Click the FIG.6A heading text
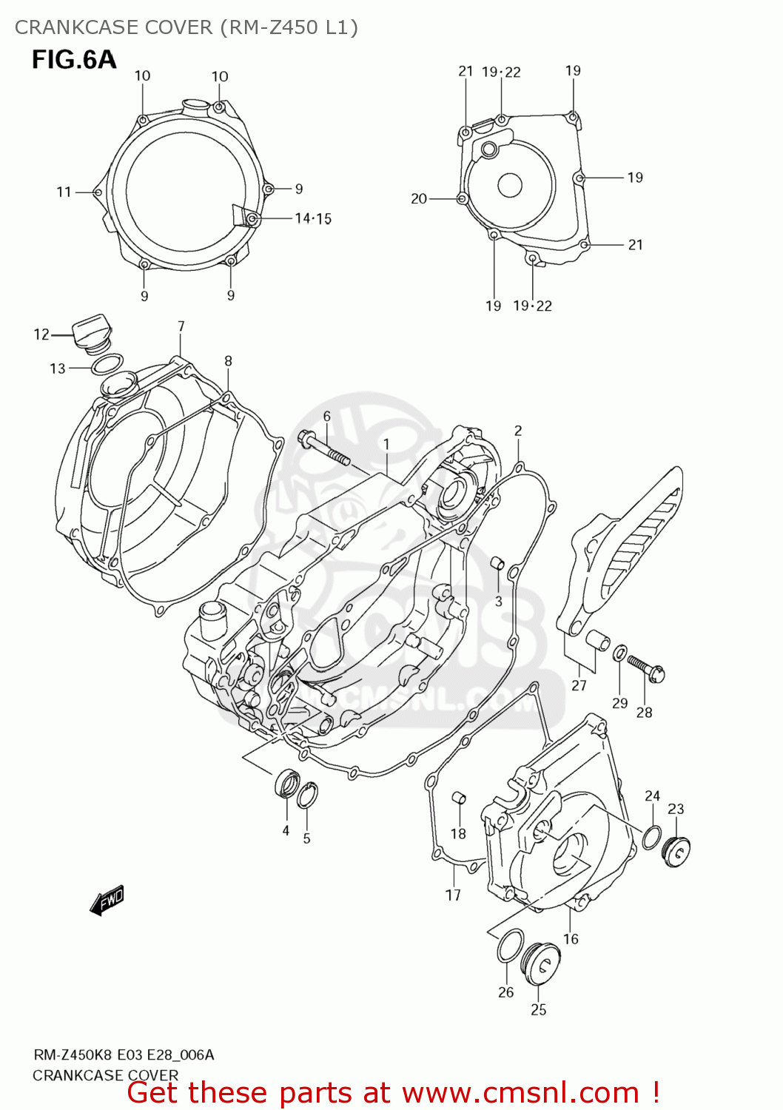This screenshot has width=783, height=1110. coord(73,59)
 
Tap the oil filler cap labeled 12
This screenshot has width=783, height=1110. coord(92,334)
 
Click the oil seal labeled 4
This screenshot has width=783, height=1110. coord(287,784)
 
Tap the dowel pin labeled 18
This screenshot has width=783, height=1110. coord(458,798)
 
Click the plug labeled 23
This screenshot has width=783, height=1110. coord(676,852)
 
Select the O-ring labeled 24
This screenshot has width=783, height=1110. coord(651,837)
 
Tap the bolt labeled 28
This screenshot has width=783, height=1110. coord(646,667)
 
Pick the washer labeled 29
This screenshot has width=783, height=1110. coord(619,652)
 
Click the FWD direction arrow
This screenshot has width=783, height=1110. coord(107,901)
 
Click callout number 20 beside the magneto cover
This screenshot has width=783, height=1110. coord(419,198)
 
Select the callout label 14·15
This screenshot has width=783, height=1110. coord(313,218)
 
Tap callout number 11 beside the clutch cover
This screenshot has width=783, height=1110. coord(64,192)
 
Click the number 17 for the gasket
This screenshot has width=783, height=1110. coord(453,895)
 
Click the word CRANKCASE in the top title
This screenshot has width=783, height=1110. coord(66,27)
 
